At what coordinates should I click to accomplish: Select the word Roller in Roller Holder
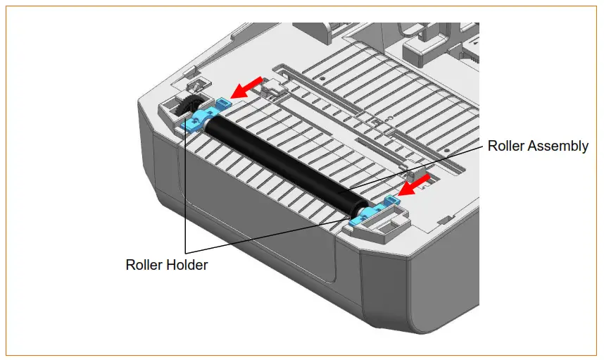144,265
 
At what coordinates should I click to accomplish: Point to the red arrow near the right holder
415,185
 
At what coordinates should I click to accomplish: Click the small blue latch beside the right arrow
391,200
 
